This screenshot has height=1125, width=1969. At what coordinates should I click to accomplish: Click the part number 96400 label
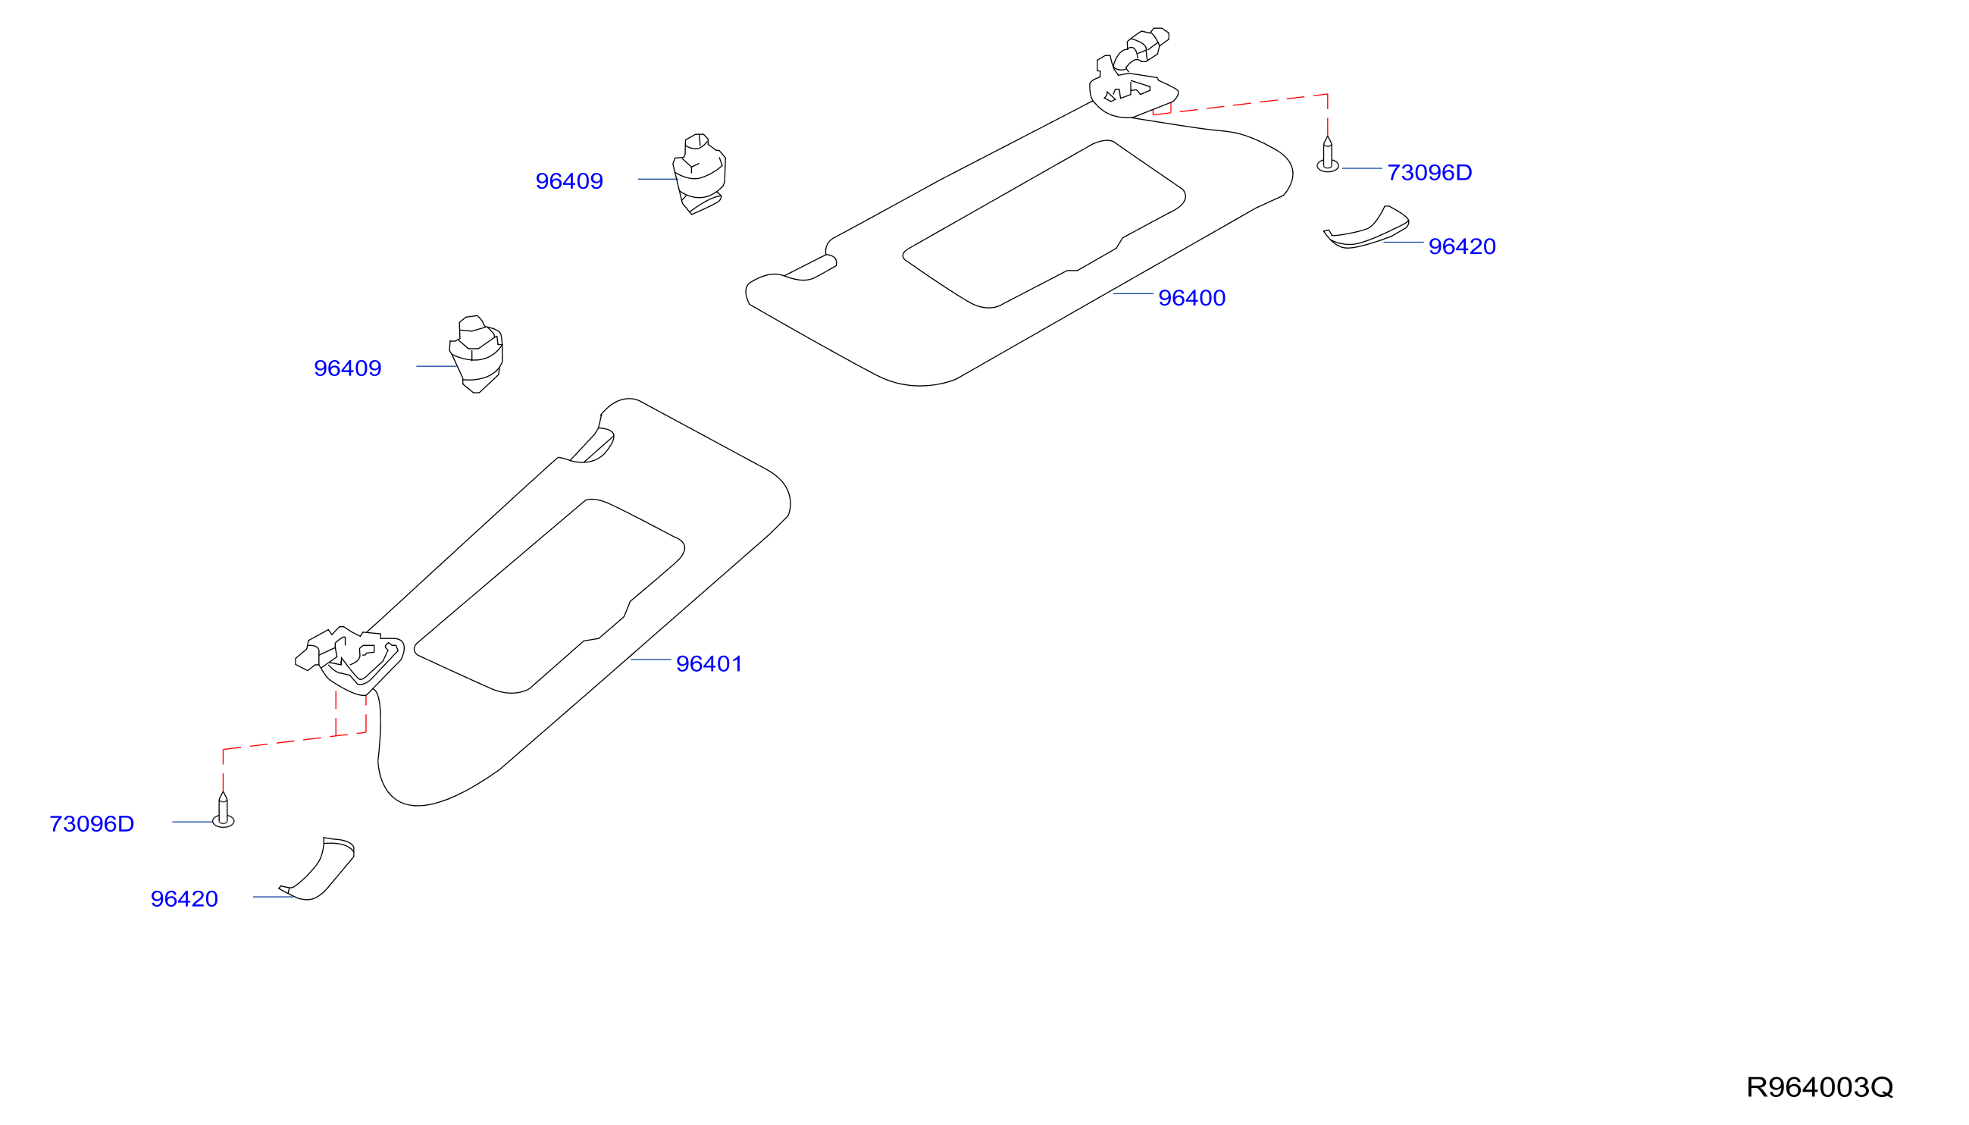click(1191, 297)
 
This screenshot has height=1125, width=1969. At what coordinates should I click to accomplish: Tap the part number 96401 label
click(709, 664)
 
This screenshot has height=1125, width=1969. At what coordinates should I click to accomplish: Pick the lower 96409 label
click(348, 368)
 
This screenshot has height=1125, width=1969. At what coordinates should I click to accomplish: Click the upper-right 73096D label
click(1429, 172)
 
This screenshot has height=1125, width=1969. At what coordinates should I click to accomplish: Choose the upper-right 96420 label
click(1461, 246)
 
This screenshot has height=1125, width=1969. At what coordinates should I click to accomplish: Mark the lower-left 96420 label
click(184, 898)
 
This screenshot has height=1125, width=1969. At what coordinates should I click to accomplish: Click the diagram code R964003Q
click(1819, 1087)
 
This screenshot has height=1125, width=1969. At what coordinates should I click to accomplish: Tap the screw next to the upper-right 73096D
click(1327, 155)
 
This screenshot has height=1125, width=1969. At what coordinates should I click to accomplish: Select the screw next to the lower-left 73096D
click(224, 810)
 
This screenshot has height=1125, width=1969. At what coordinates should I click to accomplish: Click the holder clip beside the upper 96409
click(699, 174)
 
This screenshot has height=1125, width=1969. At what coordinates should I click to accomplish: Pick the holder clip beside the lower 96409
click(476, 354)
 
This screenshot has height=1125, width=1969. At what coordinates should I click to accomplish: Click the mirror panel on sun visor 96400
click(1043, 224)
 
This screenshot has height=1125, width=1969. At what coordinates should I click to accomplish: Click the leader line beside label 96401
click(650, 659)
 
